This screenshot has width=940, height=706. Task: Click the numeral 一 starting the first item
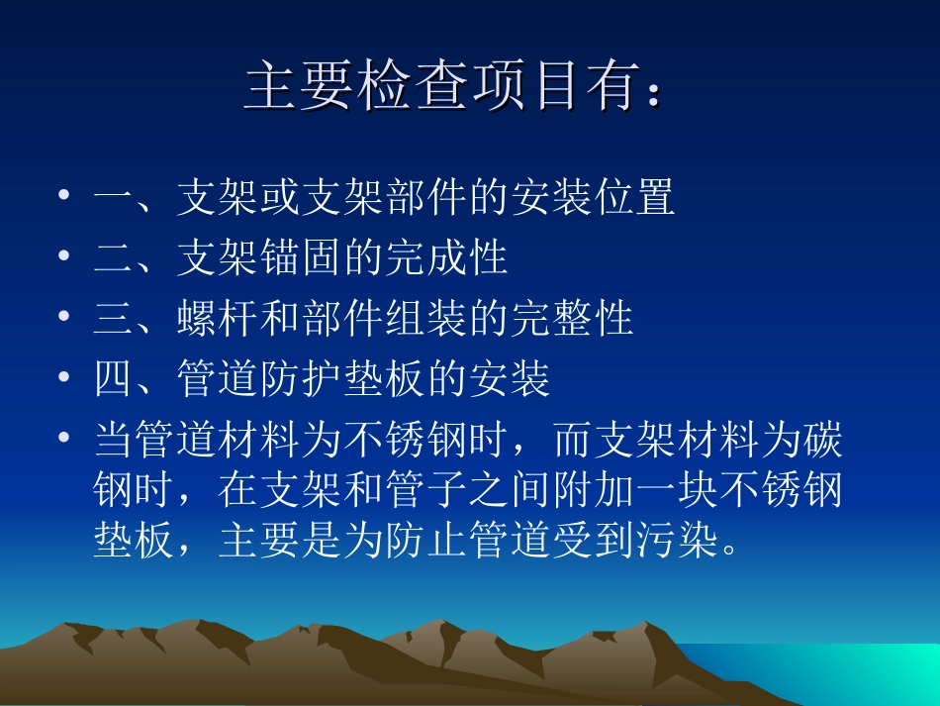tap(114, 199)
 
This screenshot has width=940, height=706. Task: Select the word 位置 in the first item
tap(635, 199)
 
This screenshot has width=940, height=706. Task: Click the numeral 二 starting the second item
tap(114, 258)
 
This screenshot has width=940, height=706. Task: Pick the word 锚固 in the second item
tap(301, 258)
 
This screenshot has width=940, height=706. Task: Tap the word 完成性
tap(447, 258)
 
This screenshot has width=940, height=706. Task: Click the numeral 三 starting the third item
tap(114, 319)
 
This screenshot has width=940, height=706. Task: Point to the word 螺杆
tap(219, 319)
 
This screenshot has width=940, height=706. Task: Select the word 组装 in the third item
tap(427, 319)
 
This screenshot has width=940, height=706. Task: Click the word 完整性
tap(573, 319)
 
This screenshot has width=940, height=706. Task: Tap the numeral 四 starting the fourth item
tap(114, 378)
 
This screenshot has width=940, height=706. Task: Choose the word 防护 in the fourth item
tap(301, 378)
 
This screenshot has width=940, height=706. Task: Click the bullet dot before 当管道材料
tap(64, 439)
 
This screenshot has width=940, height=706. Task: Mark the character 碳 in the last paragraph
tap(823, 440)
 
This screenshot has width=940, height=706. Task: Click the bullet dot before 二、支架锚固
tap(64, 257)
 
